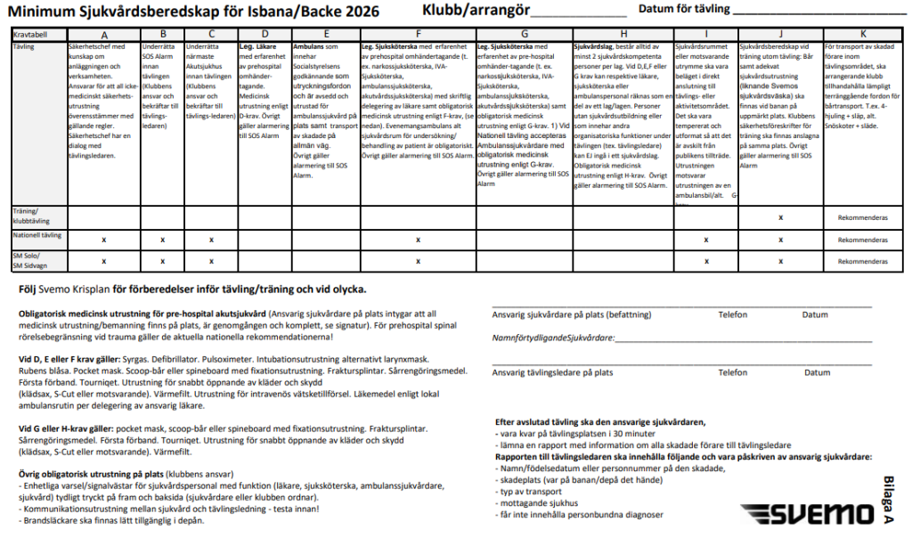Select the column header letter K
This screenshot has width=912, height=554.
[x=863, y=34]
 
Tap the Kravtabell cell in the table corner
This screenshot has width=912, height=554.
[x=30, y=34]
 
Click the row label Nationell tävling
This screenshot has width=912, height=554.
[x=37, y=235]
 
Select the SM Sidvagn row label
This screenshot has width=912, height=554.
[x=30, y=266]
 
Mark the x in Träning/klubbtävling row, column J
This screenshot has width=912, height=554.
[x=780, y=217]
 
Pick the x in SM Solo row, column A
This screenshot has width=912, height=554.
[x=104, y=261]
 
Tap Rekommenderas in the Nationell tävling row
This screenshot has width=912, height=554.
[x=864, y=240]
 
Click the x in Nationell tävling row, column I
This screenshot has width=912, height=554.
[x=705, y=240]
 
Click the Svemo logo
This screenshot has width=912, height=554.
[x=808, y=515]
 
